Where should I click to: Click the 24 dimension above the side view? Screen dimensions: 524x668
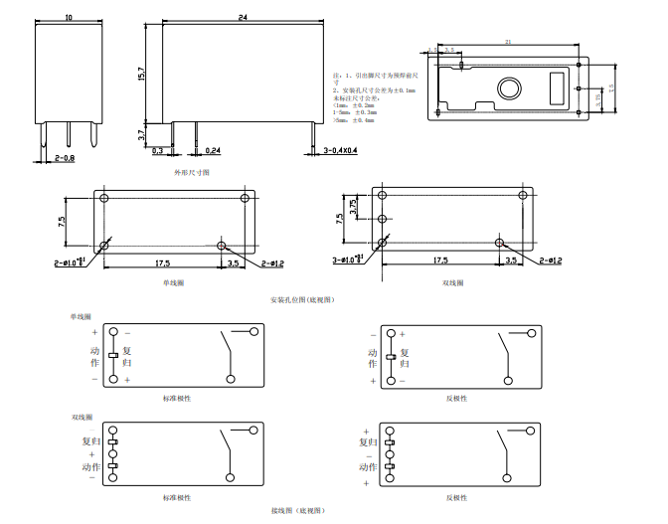243,18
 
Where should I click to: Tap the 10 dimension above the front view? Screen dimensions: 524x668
68,18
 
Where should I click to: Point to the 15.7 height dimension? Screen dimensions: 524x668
142,75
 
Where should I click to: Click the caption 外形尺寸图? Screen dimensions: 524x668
192,172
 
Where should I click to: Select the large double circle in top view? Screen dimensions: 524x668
508,87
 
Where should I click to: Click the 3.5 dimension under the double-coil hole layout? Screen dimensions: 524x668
511,260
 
